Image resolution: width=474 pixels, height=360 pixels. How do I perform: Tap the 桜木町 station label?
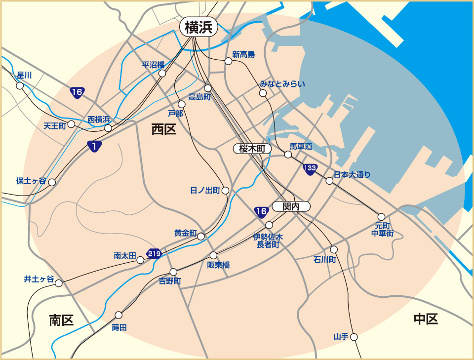tap(252, 149)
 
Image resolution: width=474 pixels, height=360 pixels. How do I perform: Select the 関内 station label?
tap(291, 207)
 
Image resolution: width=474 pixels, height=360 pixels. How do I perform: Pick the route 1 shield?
tap(94, 146)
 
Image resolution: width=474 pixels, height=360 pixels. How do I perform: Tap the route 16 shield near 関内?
tap(261, 212)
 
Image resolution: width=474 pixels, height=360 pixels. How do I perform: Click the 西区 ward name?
tap(163, 130)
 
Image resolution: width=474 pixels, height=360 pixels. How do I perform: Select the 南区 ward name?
tap(61, 320)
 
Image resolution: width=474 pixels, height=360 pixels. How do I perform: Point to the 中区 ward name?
tap(426, 320)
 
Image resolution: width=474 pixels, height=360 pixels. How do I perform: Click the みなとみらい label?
tap(282, 84)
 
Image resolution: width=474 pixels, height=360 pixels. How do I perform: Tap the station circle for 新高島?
tap(228, 61)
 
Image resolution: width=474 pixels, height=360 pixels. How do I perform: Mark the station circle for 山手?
tap(354, 337)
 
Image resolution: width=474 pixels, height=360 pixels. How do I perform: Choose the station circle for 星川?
tap(20, 85)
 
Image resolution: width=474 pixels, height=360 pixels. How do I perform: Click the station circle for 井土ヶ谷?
tap(59, 283)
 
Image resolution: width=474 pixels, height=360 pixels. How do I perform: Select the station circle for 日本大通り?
tap(329, 181)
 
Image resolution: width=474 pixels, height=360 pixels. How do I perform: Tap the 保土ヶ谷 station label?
tap(31, 181)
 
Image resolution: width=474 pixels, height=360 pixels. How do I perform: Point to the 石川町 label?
tap(324, 260)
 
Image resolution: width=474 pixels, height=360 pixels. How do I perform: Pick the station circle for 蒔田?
tap(118, 315)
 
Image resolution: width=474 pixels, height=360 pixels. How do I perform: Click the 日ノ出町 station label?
tap(205, 190)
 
